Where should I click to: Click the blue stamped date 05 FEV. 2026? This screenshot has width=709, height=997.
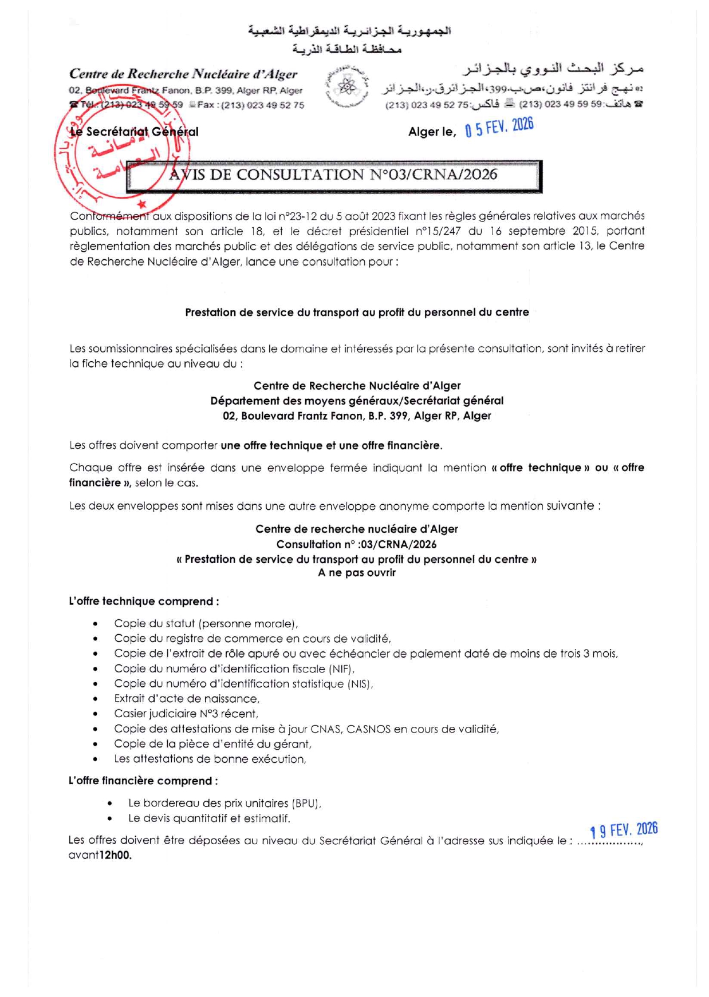499,128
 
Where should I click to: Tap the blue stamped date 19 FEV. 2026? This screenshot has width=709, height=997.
624,830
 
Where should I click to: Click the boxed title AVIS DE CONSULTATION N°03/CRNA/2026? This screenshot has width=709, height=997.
333,175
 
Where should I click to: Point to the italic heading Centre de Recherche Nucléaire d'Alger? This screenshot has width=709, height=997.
183,74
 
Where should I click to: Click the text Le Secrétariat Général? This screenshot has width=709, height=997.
134,132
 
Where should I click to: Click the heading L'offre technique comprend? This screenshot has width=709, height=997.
144,602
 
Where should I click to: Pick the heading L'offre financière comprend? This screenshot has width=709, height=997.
143,781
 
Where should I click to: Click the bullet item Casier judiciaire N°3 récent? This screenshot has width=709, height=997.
186,714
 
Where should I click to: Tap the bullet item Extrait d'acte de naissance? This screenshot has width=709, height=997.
187,699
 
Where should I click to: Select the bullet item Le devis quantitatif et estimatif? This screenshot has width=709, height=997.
209,819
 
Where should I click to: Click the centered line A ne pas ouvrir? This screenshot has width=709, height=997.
357,573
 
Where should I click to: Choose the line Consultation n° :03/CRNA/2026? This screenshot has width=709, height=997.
356,544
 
